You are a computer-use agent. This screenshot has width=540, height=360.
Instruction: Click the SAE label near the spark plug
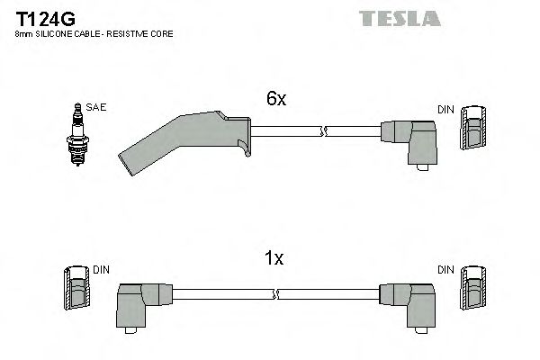[96, 108]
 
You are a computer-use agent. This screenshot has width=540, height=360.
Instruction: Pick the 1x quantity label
[274, 259]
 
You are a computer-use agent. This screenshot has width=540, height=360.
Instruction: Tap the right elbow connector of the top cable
[409, 139]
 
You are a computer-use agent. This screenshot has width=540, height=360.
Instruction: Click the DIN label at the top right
[445, 110]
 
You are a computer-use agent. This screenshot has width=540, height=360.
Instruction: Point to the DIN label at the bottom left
[101, 269]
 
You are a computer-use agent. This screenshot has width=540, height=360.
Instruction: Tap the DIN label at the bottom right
[445, 269]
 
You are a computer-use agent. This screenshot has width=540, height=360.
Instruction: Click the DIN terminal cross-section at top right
[474, 129]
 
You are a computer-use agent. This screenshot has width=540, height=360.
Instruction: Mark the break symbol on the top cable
[322, 131]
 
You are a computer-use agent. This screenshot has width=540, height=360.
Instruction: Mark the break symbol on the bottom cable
[276, 294]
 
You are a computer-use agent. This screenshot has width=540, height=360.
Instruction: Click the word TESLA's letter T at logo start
[365, 18]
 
